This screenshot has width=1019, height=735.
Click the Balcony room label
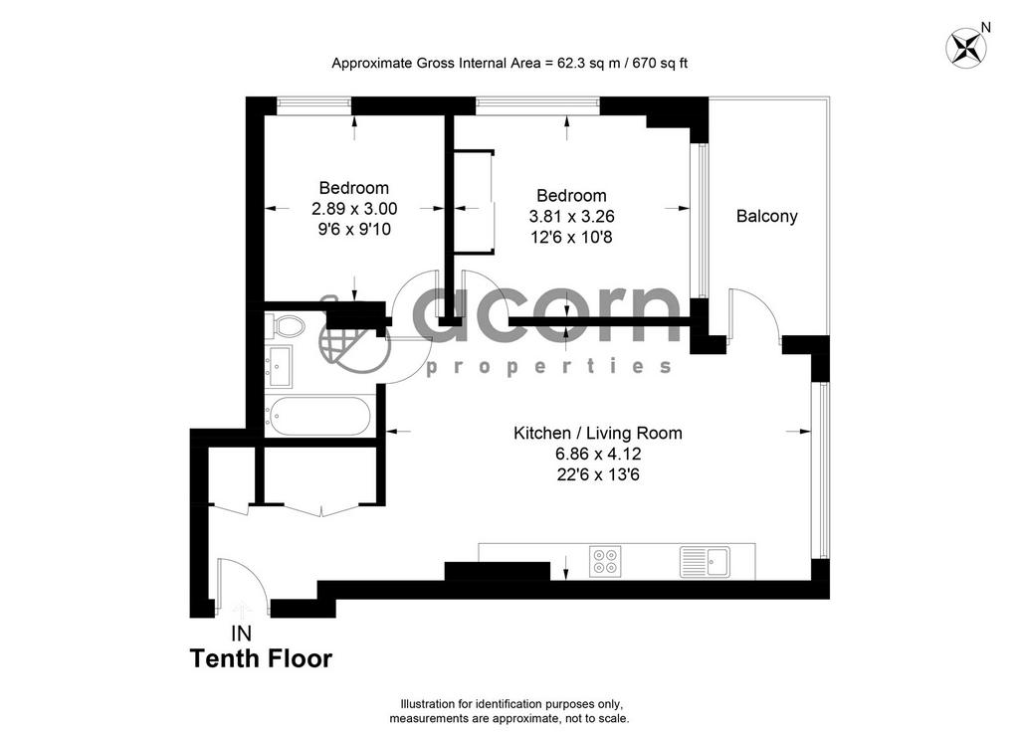767,216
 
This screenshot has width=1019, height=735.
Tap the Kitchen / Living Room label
598,433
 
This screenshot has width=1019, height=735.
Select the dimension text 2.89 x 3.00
354,209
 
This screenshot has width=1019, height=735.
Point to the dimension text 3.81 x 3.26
572,216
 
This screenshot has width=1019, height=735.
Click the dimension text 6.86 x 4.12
598,454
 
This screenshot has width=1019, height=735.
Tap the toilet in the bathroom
285,325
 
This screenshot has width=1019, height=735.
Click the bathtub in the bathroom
319,416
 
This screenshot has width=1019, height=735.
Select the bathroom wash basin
279,366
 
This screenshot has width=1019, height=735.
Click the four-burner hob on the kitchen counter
605,562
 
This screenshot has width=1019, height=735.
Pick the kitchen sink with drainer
706,562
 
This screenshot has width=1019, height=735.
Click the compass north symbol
966,47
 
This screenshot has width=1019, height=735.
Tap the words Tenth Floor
262,659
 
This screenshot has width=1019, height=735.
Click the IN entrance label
242,633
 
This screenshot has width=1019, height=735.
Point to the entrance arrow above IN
243,611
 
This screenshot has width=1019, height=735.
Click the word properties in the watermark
549,367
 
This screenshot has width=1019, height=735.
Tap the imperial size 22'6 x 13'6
598,474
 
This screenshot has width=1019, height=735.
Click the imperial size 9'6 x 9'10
354,229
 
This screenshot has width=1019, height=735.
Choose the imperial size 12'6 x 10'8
572,237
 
